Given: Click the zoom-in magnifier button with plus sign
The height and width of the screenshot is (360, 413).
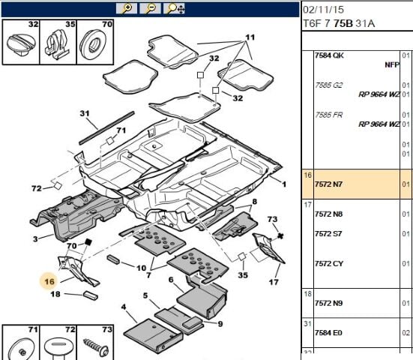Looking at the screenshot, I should click(127, 8).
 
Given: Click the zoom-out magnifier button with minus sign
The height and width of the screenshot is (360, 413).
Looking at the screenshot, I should click(151, 8).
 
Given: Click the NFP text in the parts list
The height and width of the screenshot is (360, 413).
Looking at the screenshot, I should click(391, 65).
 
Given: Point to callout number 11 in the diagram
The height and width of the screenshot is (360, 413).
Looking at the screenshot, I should click(249, 37).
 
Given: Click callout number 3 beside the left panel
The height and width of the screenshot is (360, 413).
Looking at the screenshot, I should click(35, 239).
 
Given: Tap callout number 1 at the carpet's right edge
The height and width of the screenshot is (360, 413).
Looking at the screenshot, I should click(283, 183).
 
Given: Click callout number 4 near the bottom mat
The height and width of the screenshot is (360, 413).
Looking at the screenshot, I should click(123, 307).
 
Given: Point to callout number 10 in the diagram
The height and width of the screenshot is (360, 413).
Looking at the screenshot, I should click(141, 267).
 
